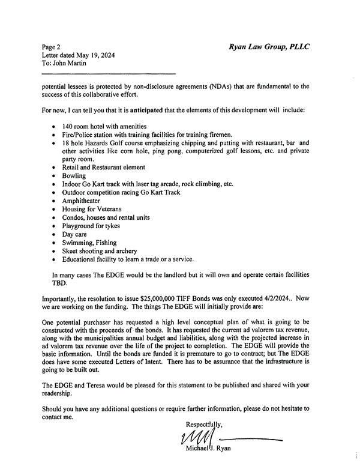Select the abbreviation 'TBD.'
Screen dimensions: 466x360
(61, 283)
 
